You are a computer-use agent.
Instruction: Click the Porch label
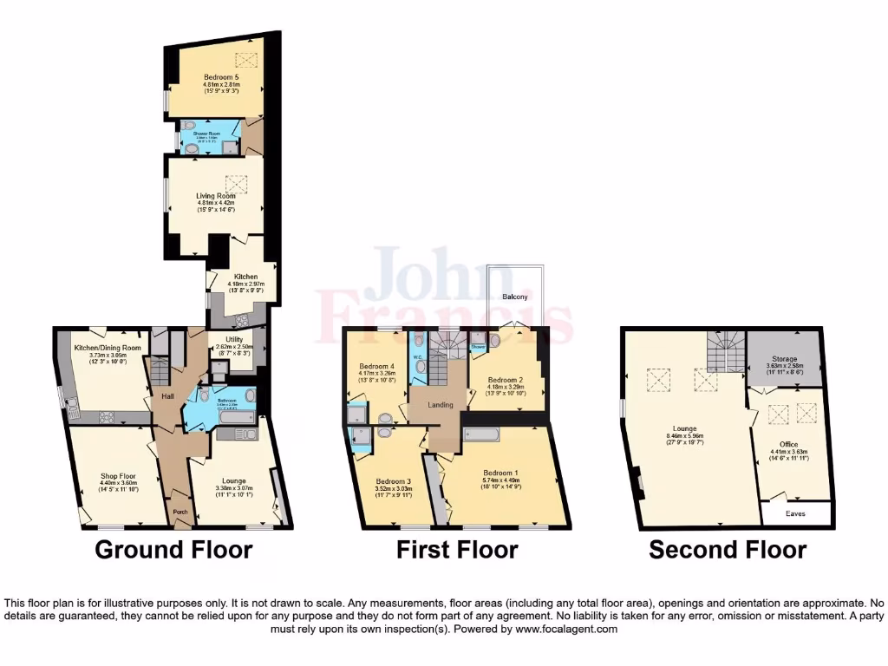coord(180,512)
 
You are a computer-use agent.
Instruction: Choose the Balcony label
coord(515,297)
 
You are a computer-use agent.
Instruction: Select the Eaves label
coord(796,513)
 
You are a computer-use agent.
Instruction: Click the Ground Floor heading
coord(173,550)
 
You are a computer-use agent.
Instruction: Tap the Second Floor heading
coord(728,550)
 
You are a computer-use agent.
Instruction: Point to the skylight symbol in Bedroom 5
coord(247,60)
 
